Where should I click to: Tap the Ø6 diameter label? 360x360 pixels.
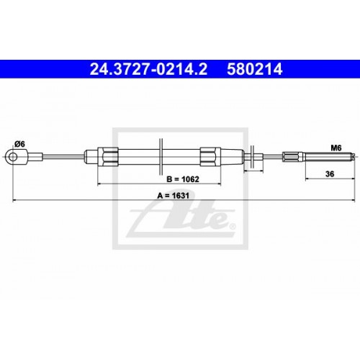tap(20, 144)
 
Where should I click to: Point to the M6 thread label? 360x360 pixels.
tap(335, 148)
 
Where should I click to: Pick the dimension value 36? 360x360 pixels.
tap(330, 174)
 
